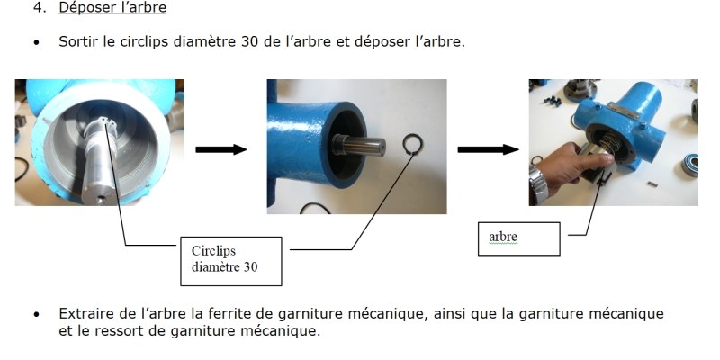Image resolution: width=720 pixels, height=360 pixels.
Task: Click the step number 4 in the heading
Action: [x=37, y=8]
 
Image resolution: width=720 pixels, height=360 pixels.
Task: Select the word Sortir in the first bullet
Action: [x=78, y=41]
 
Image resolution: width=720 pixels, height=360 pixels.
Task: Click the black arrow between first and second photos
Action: [x=220, y=148]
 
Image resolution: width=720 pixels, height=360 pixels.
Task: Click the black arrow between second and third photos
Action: [x=487, y=148]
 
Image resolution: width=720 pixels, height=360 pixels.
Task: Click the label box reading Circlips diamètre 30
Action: [x=231, y=260]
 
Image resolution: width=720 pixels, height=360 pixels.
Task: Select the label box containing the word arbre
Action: [x=517, y=238]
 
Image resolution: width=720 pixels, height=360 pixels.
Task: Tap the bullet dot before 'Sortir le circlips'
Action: [x=37, y=42]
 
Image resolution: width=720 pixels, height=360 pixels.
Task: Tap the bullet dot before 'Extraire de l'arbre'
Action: [x=37, y=315]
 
